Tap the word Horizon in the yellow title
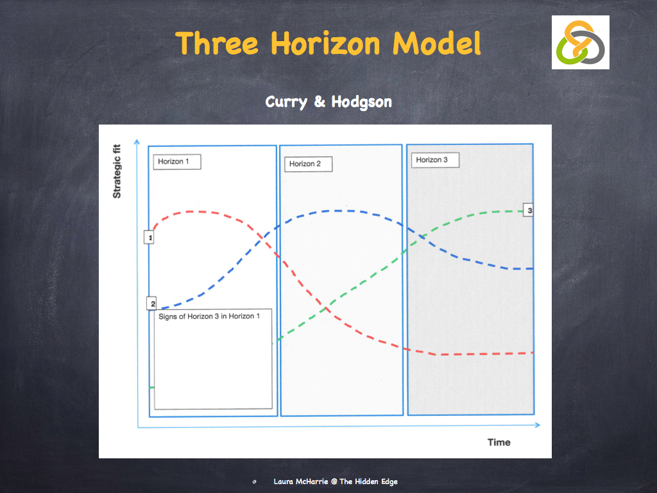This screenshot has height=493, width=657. tap(327, 44)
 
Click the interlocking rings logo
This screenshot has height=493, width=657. tap(580, 42)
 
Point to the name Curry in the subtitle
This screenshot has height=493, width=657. tap(286, 102)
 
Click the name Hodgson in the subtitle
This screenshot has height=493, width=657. tap(361, 102)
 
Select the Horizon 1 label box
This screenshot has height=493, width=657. tap(176, 161)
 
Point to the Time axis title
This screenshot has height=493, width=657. tap(499, 442)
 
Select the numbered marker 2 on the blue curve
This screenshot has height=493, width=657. tap(152, 304)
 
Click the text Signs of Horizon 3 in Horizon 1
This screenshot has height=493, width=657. tap(209, 316)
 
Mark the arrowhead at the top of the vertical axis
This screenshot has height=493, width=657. tap(136, 141)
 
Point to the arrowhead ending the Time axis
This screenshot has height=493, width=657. tap(538, 425)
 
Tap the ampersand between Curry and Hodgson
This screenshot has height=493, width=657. tap(320, 103)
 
